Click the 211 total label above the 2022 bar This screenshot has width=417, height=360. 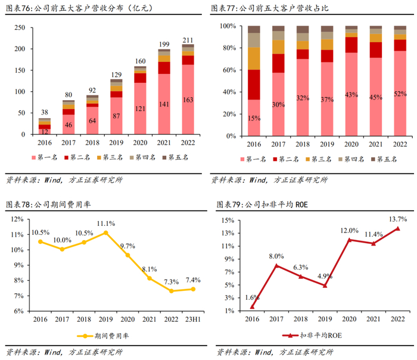188,40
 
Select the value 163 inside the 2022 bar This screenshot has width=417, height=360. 188,100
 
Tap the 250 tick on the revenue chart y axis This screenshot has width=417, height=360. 19,27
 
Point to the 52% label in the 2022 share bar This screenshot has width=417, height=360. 400,94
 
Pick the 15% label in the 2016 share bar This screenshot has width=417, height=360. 254,118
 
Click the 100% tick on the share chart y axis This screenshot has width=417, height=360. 228,27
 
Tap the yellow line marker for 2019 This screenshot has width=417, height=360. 105,232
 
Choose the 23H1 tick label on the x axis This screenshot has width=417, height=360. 192,319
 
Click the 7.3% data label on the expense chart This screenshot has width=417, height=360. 171,281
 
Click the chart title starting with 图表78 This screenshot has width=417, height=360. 47,204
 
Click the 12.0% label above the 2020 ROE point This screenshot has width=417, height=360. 349,231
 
